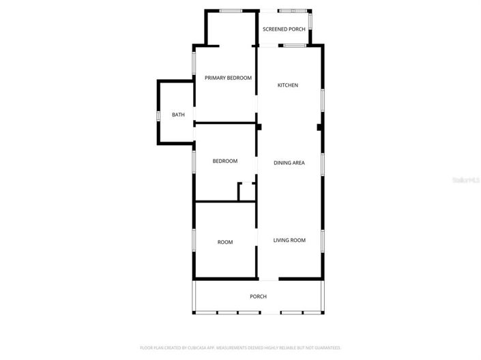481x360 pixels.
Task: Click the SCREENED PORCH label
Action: click(284, 29)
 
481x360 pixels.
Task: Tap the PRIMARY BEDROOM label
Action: click(229, 78)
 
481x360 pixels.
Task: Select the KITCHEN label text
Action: click(287, 85)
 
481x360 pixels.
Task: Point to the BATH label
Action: click(178, 115)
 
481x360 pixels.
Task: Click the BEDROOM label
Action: click(225, 161)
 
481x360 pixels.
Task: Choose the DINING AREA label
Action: click(289, 163)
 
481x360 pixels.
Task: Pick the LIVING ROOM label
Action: click(289, 240)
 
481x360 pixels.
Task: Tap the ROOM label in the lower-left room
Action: click(225, 242)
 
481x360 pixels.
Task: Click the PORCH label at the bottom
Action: click(258, 297)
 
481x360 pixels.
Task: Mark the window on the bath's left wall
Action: click(158, 115)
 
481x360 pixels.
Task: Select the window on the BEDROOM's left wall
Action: click(194, 162)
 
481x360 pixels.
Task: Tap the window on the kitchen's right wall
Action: click(323, 100)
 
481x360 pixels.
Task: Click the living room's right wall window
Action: click(323, 240)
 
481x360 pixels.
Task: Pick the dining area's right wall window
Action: click(323, 164)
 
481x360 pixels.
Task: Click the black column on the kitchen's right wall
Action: click(319, 127)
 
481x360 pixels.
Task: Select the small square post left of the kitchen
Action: click(259, 126)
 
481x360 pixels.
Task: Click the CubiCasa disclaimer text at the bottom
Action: click(240, 348)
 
